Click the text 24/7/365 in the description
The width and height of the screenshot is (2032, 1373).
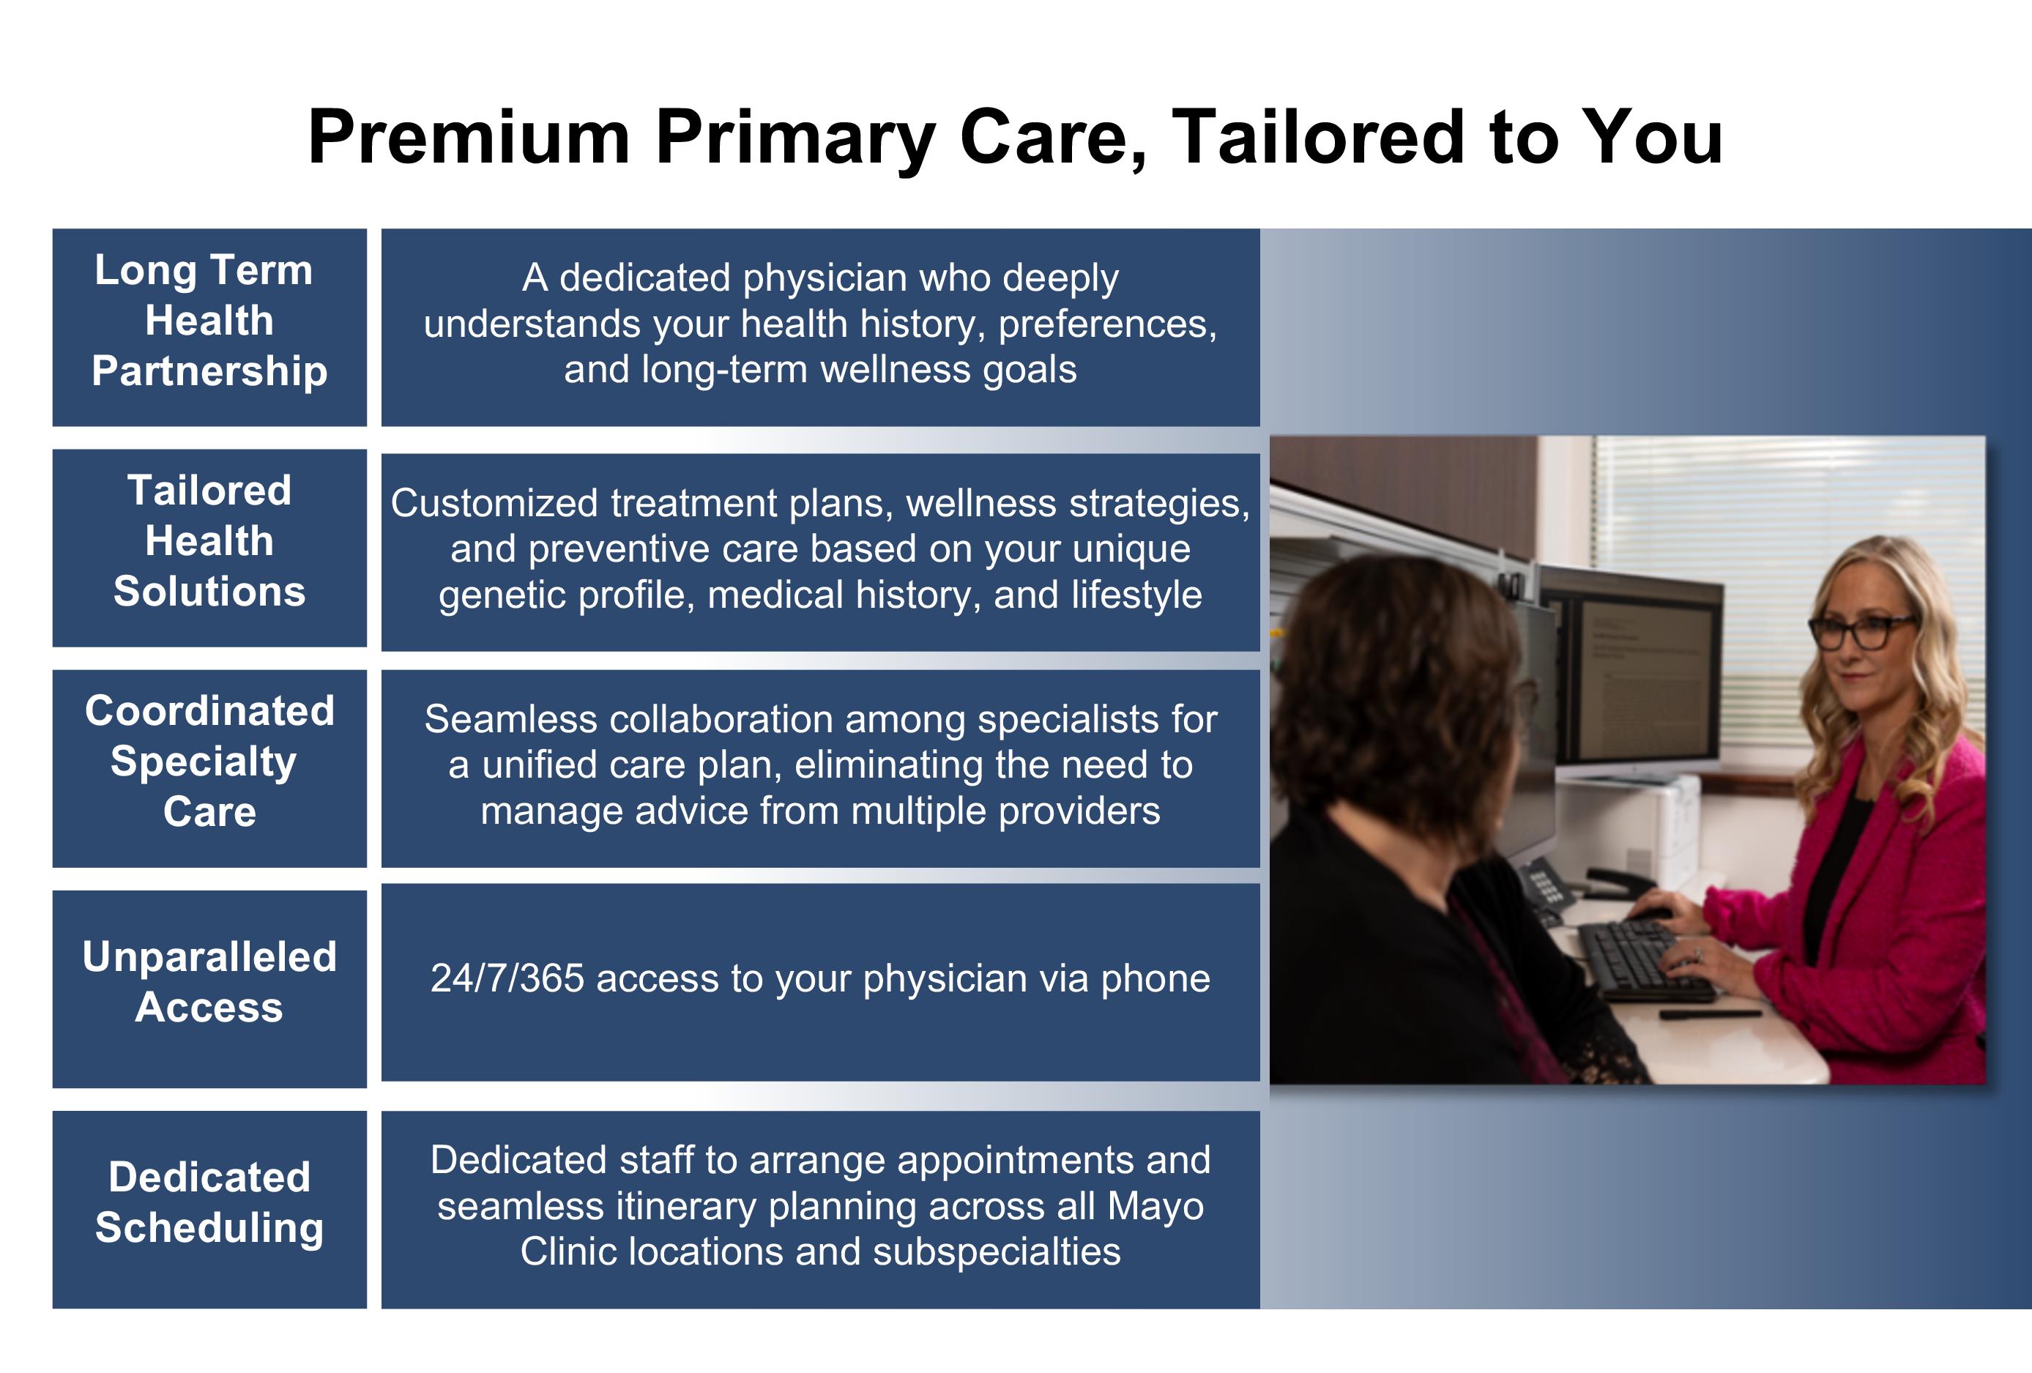click(x=507, y=978)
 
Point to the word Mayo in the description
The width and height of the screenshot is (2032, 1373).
click(x=1156, y=1205)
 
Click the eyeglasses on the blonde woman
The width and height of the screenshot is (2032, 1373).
click(x=1861, y=631)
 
